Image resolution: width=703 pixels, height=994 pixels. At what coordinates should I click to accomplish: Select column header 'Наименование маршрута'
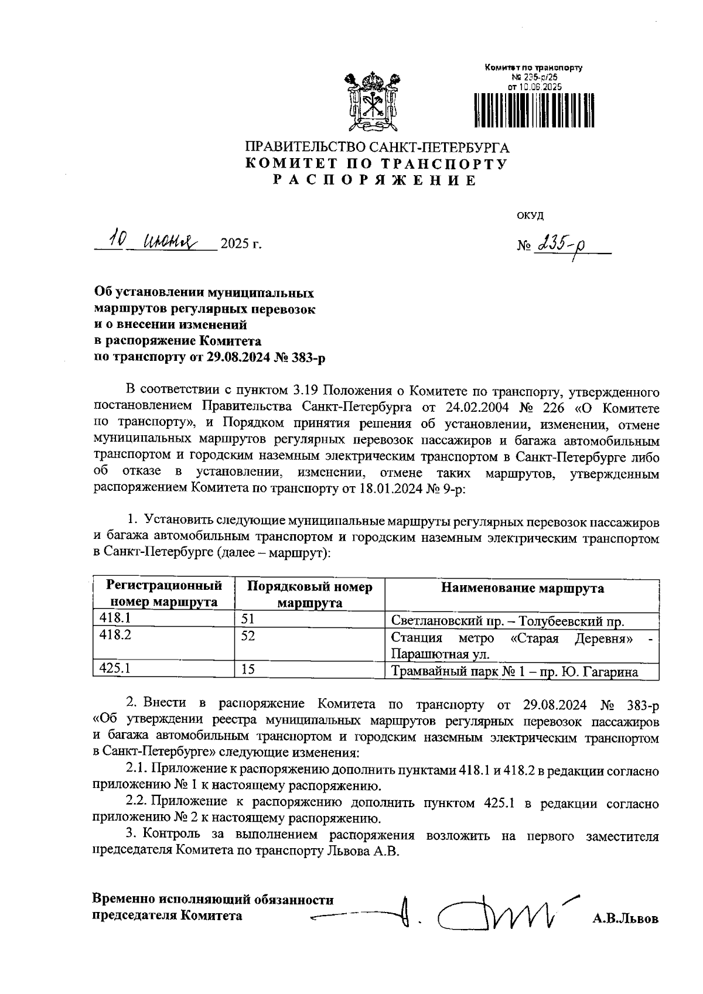[522, 588]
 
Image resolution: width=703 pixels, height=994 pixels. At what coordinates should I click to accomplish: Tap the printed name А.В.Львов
[625, 919]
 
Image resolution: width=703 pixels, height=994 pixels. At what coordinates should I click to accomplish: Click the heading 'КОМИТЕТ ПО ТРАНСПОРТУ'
[376, 164]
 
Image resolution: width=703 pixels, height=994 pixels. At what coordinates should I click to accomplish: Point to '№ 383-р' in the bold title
[299, 357]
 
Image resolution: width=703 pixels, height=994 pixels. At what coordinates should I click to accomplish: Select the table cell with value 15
[248, 669]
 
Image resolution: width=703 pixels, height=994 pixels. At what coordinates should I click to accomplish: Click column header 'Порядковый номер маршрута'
[309, 595]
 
